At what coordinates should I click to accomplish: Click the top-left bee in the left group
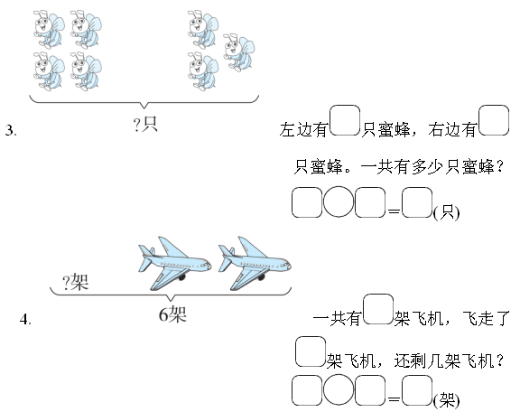click(49, 29)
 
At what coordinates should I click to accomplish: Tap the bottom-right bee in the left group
click(86, 71)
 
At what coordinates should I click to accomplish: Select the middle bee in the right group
click(239, 52)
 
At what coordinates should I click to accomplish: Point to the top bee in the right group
click(203, 29)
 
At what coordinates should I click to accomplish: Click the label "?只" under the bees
click(145, 125)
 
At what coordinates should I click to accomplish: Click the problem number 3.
click(11, 130)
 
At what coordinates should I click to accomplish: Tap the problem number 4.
click(25, 319)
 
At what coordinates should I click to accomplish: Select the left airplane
click(175, 263)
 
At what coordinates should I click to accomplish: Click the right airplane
click(255, 263)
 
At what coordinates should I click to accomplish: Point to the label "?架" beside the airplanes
click(76, 283)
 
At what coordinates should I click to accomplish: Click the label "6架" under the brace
click(172, 314)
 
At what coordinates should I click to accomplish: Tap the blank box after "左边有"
click(345, 120)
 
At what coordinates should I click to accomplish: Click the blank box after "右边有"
click(494, 120)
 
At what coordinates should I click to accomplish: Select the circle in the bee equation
click(339, 201)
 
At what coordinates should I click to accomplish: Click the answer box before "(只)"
click(417, 202)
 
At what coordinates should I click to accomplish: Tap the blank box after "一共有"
click(378, 309)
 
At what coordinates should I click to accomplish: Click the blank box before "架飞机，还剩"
click(311, 351)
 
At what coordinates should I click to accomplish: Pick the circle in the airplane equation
click(339, 389)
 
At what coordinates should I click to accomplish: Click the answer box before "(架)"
click(417, 390)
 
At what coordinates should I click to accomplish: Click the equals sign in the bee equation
click(394, 211)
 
